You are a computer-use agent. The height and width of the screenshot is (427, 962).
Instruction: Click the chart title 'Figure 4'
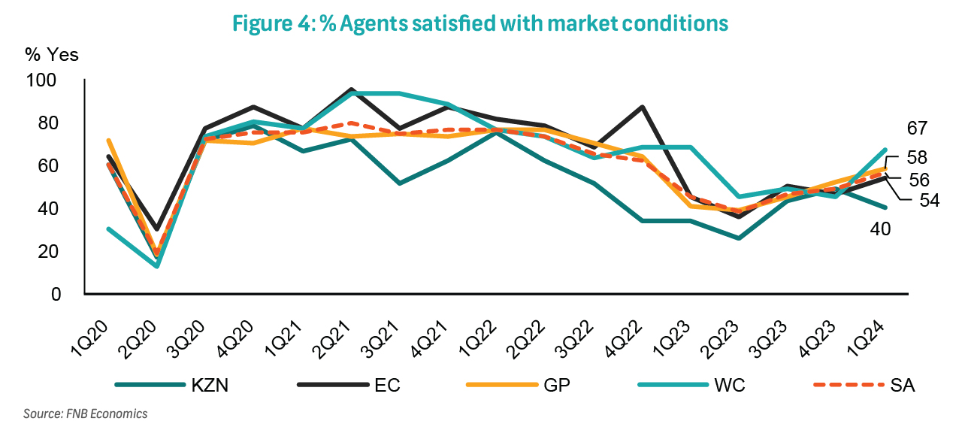(480, 23)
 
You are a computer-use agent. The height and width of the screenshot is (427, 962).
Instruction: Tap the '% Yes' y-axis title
(52, 54)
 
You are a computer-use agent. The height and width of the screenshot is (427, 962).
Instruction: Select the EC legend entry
(387, 385)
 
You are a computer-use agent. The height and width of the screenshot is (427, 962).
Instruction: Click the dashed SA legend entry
(903, 385)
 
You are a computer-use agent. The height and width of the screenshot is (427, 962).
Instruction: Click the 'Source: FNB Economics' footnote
(86, 413)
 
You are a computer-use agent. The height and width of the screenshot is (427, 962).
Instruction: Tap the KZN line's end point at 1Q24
(885, 207)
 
